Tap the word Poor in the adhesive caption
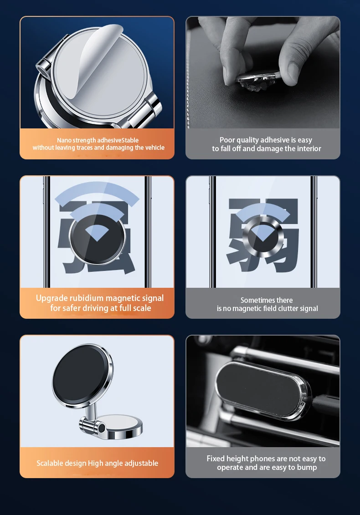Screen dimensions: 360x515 click(x=227, y=140)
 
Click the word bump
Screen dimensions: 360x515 click(x=307, y=467)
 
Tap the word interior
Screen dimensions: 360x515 click(x=309, y=148)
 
